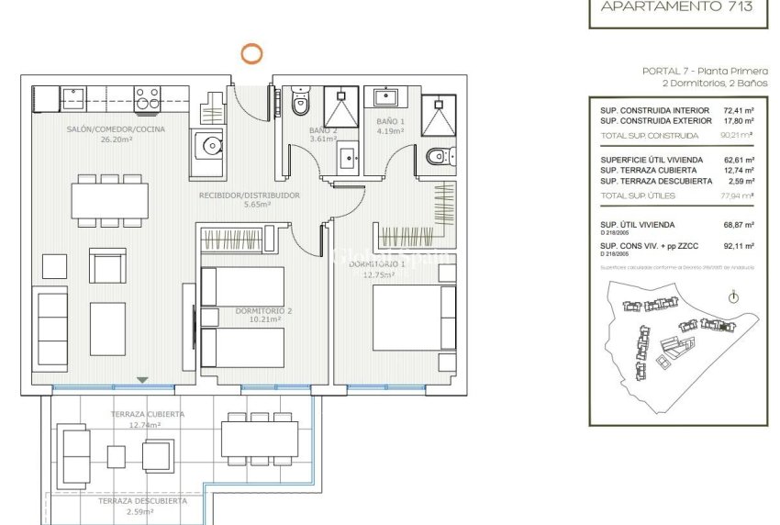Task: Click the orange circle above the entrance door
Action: tap(251, 53)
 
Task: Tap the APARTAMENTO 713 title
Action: tap(676, 6)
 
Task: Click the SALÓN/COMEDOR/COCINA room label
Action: tap(116, 129)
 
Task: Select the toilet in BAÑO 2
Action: tap(300, 106)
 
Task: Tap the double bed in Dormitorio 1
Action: tap(414, 318)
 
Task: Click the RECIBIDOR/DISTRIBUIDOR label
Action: tap(250, 195)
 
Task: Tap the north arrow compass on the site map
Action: tap(732, 297)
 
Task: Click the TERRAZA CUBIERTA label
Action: tap(147, 414)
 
